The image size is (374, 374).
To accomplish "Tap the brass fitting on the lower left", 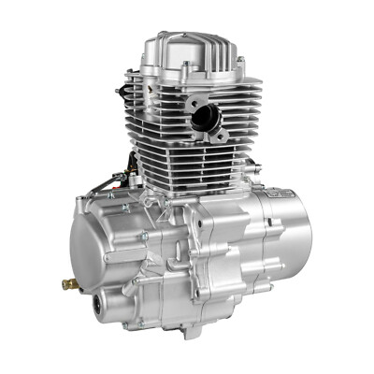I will point(68,282).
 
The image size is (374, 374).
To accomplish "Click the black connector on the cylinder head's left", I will point(122,92).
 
